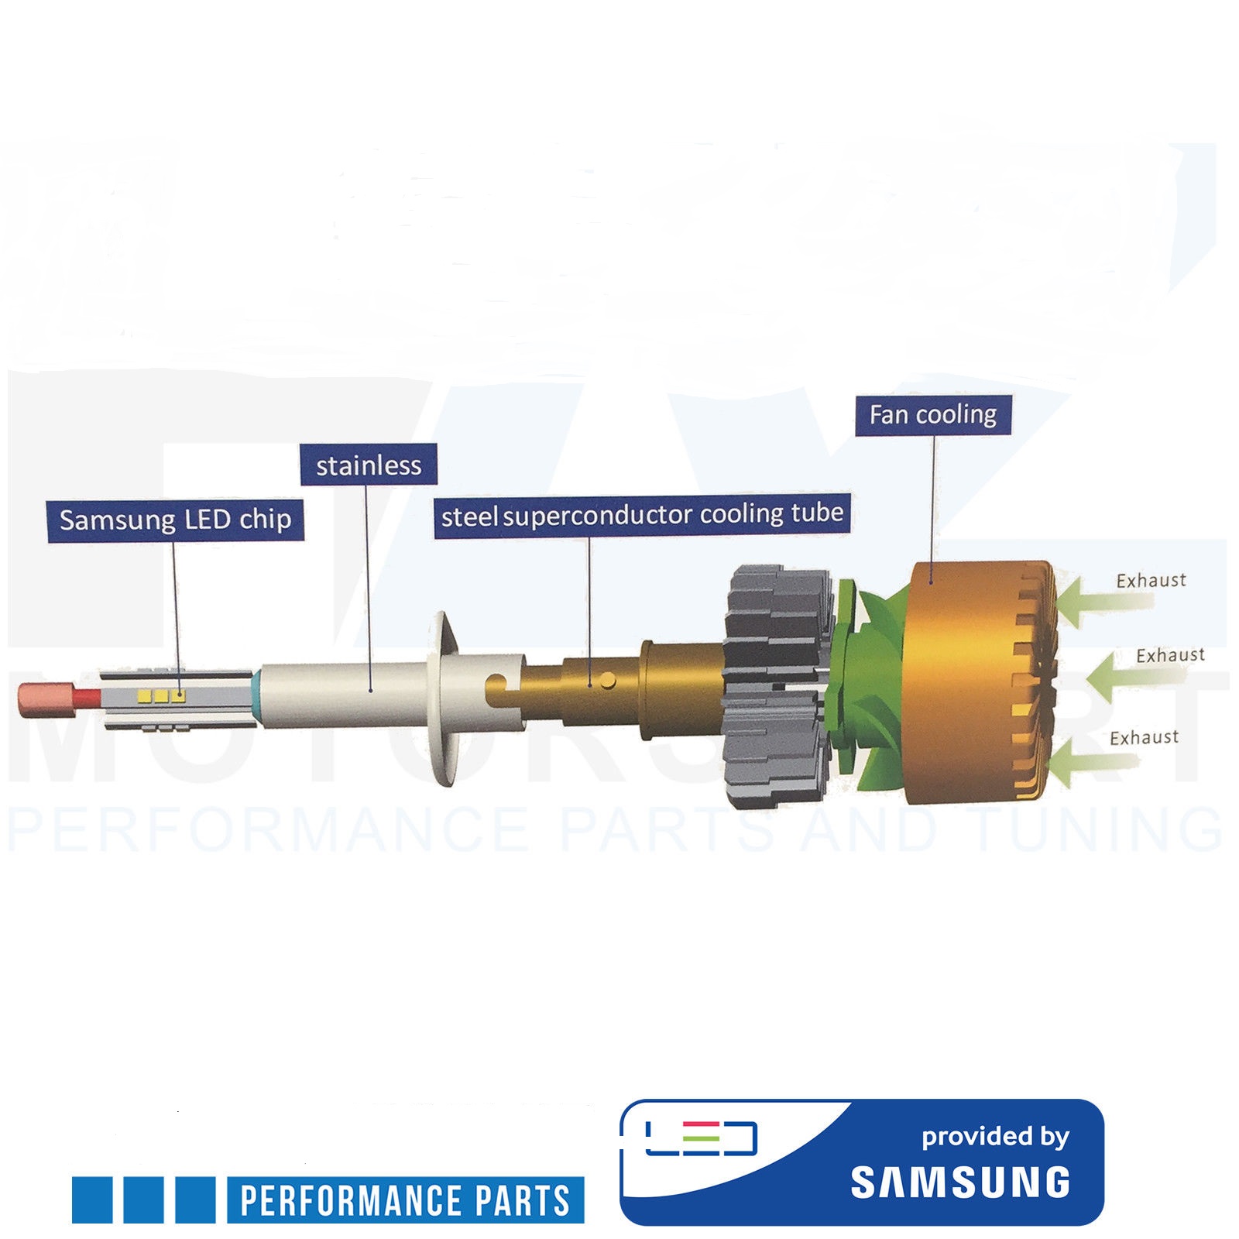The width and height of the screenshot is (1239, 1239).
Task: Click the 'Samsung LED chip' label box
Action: (175, 520)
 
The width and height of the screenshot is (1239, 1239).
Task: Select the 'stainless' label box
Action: (369, 465)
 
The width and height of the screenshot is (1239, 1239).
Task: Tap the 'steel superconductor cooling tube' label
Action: (642, 515)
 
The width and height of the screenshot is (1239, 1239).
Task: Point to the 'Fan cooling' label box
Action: (932, 415)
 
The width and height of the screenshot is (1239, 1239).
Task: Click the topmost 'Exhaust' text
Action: (1151, 580)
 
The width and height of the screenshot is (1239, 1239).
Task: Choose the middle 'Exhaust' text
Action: (1170, 655)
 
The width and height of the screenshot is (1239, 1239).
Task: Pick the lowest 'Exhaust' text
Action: (1144, 737)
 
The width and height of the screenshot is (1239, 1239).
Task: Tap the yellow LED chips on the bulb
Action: (161, 695)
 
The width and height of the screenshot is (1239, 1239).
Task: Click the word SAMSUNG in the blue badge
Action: (960, 1182)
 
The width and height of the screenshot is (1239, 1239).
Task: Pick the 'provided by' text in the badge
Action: (995, 1136)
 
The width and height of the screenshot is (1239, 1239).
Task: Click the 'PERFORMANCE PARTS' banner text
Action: (405, 1200)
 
